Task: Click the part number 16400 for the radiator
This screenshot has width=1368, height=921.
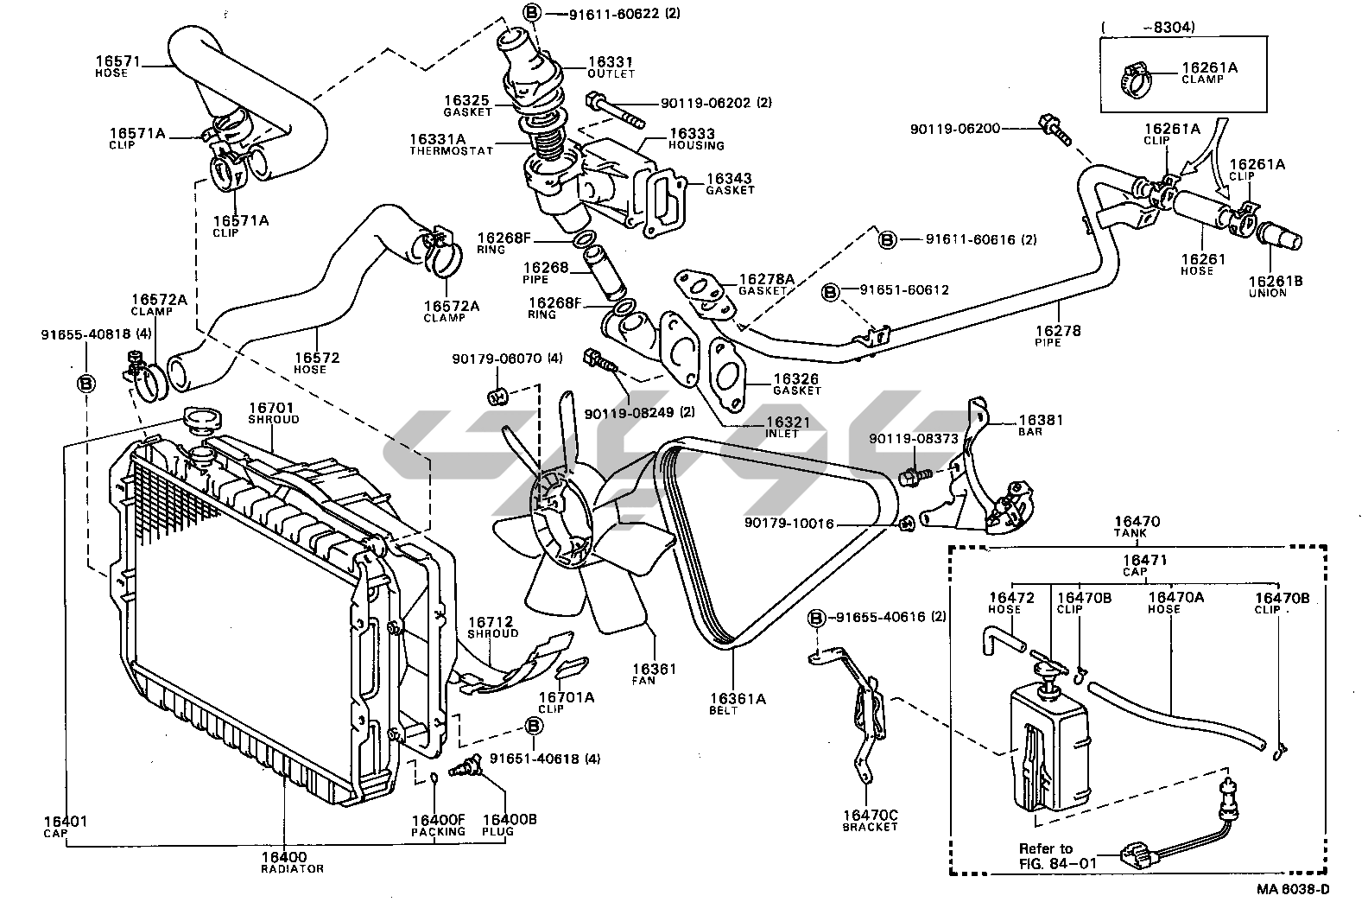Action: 284,856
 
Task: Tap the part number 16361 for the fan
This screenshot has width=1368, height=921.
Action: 654,668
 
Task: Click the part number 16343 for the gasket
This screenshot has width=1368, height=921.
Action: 730,178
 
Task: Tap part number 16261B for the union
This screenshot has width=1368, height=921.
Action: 1268,281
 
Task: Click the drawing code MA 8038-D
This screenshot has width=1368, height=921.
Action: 1292,889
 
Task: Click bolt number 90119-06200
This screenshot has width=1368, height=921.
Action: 954,129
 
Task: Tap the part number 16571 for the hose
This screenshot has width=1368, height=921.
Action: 118,61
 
